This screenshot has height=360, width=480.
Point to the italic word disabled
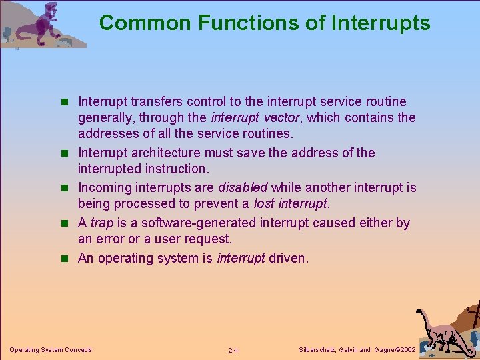243,187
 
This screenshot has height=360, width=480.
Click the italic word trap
101,223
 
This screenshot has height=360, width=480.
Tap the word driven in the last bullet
289,258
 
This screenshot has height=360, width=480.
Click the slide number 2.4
233,350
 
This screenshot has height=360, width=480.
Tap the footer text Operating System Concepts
51,349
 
